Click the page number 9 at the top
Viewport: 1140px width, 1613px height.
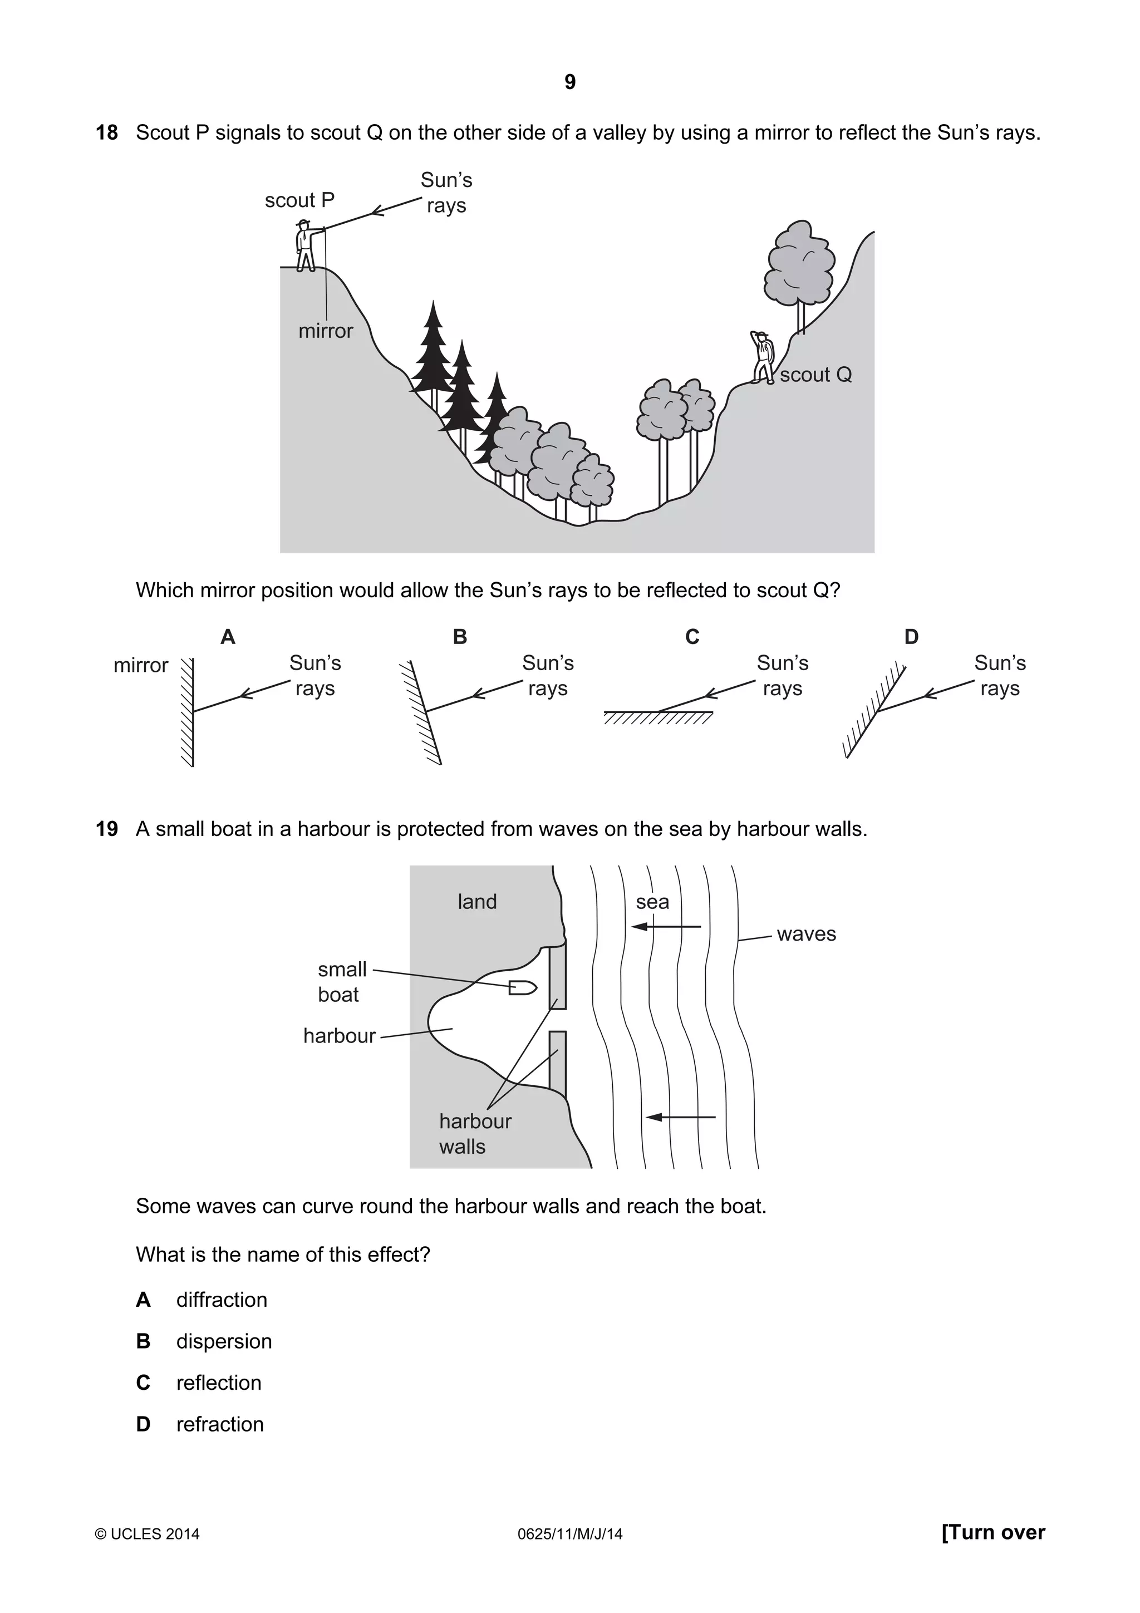569,82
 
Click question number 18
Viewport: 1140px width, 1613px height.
107,133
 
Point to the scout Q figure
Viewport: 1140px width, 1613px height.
761,357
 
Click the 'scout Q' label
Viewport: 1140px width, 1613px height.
815,375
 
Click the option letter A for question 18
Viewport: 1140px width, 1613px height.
228,637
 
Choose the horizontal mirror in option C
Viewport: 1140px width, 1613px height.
658,715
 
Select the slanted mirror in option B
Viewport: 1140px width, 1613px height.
424,712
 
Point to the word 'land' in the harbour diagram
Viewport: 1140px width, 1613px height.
477,902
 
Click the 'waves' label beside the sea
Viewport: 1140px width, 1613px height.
807,935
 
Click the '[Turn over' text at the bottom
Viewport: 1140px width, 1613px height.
992,1532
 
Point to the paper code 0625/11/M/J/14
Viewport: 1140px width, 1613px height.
569,1535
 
